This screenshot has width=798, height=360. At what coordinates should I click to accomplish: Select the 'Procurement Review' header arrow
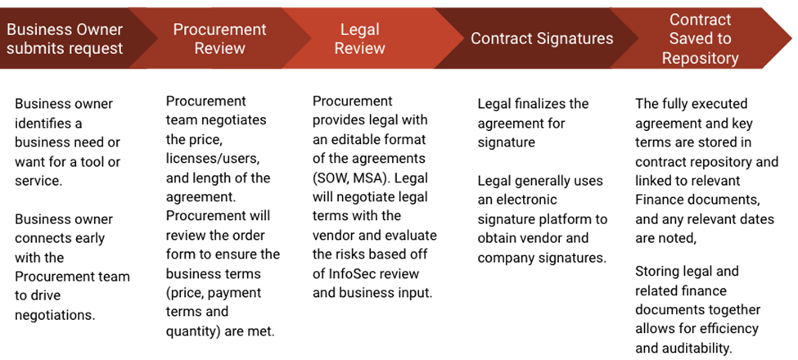[219, 38]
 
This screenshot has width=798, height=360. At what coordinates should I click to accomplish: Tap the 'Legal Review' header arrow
[359, 38]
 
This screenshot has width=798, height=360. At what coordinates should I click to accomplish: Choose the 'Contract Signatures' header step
[541, 38]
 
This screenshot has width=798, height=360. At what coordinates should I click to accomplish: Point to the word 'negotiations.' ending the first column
[55, 314]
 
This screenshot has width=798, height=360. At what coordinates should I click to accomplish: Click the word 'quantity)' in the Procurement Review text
[194, 331]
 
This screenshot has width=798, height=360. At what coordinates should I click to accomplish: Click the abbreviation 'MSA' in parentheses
[394, 178]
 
